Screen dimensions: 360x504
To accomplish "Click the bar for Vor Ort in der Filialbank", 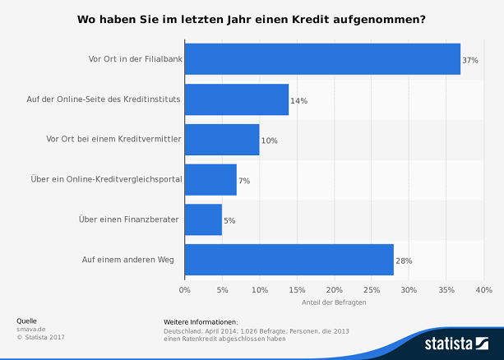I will coord(322,59).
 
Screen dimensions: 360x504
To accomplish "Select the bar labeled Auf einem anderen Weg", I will coord(289,260).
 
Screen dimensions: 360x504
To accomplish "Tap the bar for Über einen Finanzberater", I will coord(203,219).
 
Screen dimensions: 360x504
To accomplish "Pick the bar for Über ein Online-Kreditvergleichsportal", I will coord(210,179).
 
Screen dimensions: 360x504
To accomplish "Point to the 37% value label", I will coord(470,60).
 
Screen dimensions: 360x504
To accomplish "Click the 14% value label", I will coord(298,100).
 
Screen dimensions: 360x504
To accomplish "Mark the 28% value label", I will coord(404,261).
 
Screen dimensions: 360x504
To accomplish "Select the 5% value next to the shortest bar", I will coord(229,220).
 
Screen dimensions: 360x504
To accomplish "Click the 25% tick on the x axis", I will coord(372,289).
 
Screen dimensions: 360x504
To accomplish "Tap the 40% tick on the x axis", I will coord(483,289).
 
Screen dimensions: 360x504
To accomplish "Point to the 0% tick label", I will coord(185,289).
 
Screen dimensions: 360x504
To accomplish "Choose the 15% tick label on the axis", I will coord(297,289).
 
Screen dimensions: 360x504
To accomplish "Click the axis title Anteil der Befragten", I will coord(334,302).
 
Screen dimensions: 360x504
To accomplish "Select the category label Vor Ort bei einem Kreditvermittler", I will coord(113,140).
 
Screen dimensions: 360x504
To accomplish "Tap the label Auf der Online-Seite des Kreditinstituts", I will coord(104,99).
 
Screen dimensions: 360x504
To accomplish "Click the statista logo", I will coord(453,343).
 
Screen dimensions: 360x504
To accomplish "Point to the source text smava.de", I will coord(30,329).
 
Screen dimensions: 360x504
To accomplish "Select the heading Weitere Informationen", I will coord(201,321).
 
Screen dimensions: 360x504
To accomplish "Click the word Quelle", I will coord(26,321).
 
